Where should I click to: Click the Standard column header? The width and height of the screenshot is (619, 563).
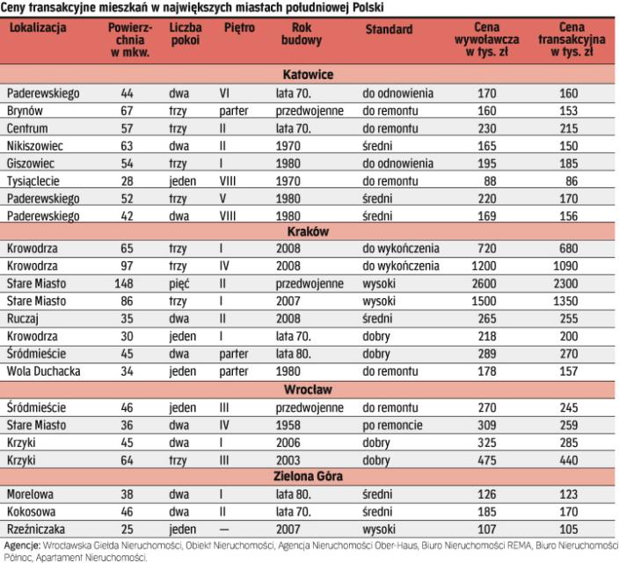click(389, 29)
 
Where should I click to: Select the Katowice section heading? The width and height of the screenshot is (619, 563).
click(308, 75)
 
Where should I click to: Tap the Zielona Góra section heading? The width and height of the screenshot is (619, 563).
click(308, 477)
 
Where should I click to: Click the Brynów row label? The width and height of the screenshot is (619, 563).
click(25, 112)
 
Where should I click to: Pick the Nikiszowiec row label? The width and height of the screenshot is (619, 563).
click(33, 146)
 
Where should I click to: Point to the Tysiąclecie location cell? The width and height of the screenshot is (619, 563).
click(34, 180)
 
